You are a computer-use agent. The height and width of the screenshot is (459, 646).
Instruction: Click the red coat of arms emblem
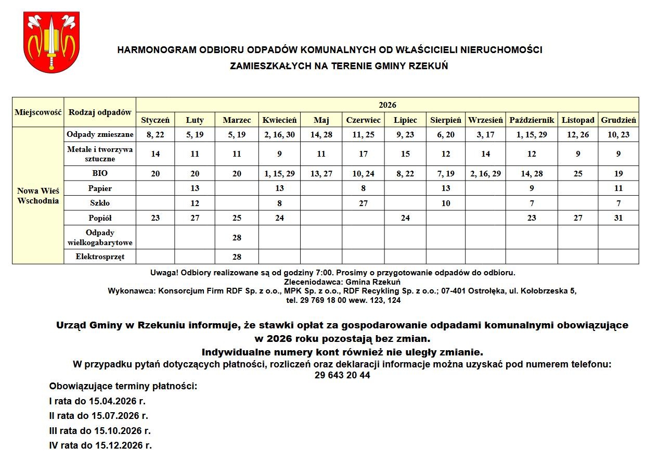(x=51, y=42)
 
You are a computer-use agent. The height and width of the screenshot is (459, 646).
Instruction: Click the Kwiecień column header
(x=279, y=120)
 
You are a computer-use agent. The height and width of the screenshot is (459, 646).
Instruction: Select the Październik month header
(x=531, y=120)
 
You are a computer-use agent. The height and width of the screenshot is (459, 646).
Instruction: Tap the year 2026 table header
(x=387, y=105)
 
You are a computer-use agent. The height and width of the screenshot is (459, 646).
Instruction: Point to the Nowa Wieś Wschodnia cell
(x=38, y=196)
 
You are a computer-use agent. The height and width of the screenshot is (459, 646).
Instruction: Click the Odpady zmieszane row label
(x=100, y=135)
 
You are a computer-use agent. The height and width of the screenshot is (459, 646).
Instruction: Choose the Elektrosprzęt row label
(x=100, y=257)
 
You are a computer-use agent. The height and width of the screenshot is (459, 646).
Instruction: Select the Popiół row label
(x=100, y=218)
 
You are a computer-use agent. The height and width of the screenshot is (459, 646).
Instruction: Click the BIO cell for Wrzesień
(x=485, y=174)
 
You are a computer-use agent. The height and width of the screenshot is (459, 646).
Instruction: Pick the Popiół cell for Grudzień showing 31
(x=618, y=218)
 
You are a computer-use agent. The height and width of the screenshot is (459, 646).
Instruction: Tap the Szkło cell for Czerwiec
(x=363, y=203)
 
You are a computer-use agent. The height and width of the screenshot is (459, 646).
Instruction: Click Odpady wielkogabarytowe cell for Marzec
(x=237, y=237)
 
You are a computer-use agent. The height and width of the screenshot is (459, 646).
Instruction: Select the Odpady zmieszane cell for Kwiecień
(x=279, y=135)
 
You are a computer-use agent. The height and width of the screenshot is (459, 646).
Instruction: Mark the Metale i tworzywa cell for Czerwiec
(x=363, y=154)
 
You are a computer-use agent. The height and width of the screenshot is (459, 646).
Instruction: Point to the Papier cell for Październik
(x=531, y=188)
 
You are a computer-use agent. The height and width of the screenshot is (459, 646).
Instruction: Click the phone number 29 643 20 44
(x=342, y=375)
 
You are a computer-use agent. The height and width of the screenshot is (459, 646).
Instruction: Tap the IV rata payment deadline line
(x=100, y=445)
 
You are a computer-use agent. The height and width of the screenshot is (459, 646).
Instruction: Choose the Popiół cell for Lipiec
(x=405, y=218)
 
